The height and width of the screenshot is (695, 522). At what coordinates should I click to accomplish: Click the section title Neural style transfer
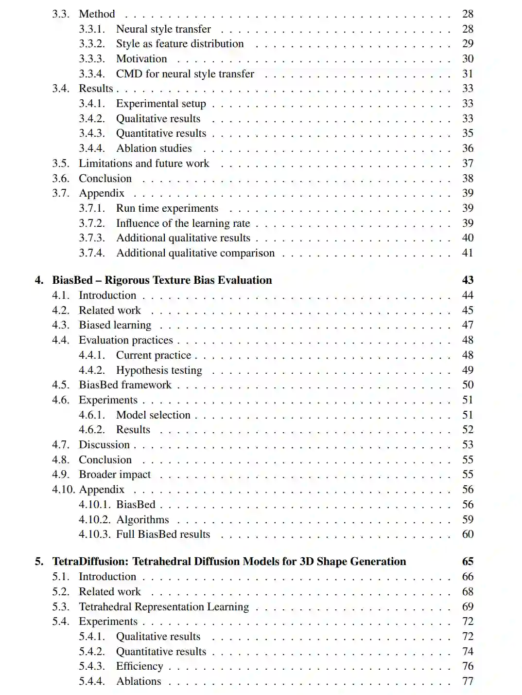(163, 29)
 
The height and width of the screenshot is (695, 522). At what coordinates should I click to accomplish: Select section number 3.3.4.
(92, 74)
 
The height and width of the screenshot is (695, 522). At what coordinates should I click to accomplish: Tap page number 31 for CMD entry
(468, 74)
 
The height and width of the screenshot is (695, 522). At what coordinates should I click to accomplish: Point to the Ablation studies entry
(154, 148)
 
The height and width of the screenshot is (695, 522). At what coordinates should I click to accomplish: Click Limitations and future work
(144, 164)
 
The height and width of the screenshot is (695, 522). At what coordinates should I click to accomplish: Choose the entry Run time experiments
(167, 208)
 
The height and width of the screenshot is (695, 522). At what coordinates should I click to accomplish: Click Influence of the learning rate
(183, 223)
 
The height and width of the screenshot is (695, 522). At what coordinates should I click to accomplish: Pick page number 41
(468, 253)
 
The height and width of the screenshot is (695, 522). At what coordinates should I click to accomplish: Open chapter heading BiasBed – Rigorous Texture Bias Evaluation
(162, 280)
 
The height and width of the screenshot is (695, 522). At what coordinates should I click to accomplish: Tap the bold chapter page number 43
(468, 280)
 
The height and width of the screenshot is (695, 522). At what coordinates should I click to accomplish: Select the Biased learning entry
(115, 325)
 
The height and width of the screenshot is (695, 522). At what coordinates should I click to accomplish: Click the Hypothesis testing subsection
(159, 370)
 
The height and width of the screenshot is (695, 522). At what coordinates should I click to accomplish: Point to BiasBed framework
(125, 385)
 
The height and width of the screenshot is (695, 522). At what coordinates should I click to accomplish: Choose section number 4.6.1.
(92, 415)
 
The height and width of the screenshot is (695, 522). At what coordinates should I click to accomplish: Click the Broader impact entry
(115, 475)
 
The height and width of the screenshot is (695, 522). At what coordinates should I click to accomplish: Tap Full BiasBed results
(163, 534)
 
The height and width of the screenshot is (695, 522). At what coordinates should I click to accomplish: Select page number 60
(468, 534)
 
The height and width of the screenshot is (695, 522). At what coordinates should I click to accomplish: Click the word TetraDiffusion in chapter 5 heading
(90, 562)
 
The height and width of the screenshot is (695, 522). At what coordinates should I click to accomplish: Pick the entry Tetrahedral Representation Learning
(164, 607)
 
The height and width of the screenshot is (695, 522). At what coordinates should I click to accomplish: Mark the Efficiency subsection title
(139, 666)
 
